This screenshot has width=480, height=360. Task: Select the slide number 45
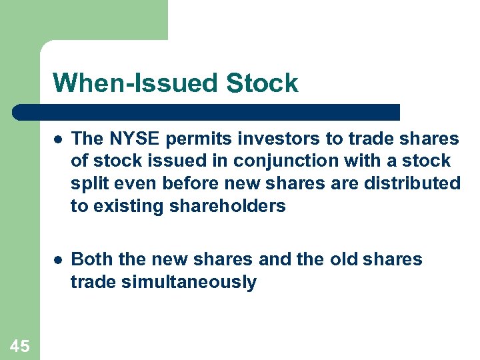tap(20, 345)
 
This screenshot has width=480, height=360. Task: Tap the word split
tap(87, 184)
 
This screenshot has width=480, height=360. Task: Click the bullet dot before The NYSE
tap(59, 139)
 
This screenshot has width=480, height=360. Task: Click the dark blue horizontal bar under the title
tap(207, 112)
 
